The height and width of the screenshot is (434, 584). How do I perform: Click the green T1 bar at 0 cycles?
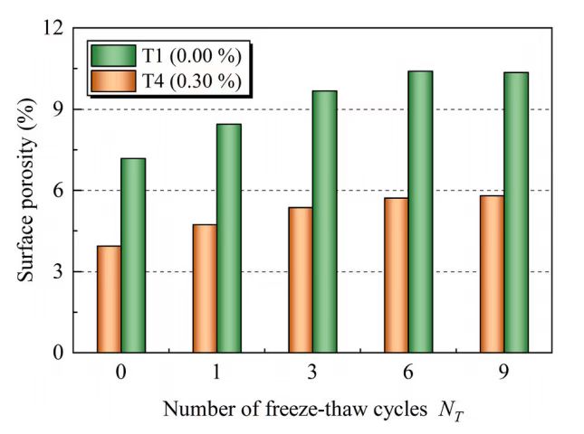point(133,255)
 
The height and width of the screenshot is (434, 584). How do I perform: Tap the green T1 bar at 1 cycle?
point(228,238)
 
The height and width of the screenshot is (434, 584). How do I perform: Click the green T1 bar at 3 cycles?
point(324,222)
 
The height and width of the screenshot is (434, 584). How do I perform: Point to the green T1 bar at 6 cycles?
point(420,212)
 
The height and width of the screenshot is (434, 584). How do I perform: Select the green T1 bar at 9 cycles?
point(516,212)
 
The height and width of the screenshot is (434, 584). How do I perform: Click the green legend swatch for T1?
point(113,56)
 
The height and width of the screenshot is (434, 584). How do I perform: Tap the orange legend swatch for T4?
point(113,81)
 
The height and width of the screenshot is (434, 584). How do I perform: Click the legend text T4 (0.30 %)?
point(191,81)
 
